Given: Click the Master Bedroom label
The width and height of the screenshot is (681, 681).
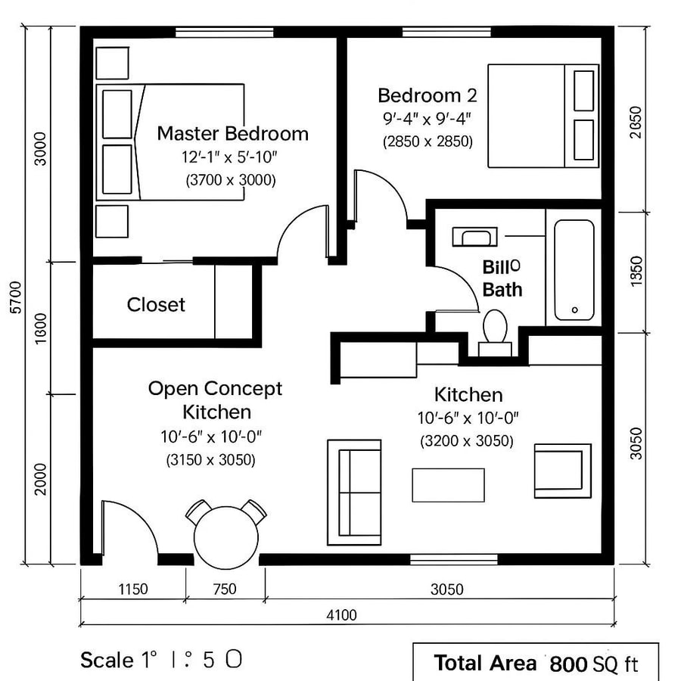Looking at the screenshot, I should (x=232, y=134).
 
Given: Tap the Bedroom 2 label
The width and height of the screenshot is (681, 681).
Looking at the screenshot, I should (x=428, y=96).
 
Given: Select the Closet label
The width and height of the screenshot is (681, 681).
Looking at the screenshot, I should (x=156, y=304).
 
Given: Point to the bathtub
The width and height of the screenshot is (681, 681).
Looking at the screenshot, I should (x=573, y=270).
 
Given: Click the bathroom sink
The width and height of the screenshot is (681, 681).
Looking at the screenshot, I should (x=474, y=237).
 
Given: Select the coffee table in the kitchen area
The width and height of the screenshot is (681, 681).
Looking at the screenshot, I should (x=448, y=485).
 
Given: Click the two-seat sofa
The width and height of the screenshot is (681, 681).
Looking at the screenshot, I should (x=353, y=492).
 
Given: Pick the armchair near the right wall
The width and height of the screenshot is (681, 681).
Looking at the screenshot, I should (x=561, y=471).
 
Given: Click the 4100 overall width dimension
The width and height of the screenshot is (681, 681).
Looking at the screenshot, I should (x=341, y=615).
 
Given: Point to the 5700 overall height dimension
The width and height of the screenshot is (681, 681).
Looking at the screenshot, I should (x=17, y=299).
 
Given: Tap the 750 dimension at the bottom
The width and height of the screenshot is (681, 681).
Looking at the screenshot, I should (x=225, y=589).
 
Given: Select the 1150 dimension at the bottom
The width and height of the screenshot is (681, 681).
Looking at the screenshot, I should (x=132, y=589).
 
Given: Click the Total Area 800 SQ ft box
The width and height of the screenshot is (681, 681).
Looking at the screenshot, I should (x=535, y=664).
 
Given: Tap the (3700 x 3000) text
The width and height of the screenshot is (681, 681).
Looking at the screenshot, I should (x=231, y=181).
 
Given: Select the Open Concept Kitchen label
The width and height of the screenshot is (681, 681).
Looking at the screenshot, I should (x=215, y=400).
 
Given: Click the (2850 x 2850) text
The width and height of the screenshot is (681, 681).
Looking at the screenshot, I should (x=428, y=141).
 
